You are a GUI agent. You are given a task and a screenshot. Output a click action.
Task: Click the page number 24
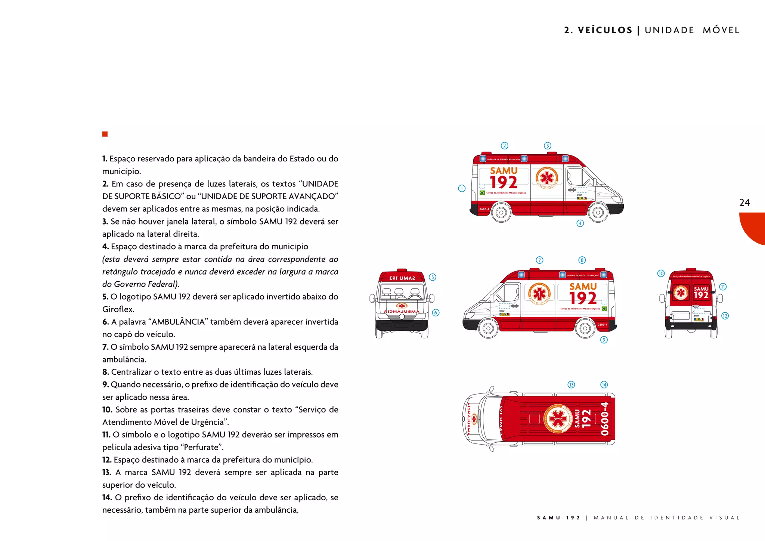744,203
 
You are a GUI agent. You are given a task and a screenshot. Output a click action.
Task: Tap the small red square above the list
105,134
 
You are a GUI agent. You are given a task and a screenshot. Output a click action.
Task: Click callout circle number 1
462,188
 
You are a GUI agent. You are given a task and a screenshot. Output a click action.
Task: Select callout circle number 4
580,223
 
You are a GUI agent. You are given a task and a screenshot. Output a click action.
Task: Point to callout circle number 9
604,340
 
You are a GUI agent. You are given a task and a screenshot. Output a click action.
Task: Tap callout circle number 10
661,273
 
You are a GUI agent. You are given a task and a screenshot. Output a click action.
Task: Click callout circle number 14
604,385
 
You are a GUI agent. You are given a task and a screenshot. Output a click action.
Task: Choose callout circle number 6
436,313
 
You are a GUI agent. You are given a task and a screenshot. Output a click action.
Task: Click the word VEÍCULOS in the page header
605,30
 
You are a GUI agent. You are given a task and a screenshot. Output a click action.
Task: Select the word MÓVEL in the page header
721,30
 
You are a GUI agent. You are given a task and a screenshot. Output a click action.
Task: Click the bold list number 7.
105,347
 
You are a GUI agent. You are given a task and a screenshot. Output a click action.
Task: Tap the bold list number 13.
106,473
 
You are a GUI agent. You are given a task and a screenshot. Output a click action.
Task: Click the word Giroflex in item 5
117,309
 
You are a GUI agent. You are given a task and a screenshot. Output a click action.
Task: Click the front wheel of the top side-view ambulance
598,213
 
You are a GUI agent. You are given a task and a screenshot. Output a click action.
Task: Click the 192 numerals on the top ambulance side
504,182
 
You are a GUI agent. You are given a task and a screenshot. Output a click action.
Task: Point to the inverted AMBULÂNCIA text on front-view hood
402,311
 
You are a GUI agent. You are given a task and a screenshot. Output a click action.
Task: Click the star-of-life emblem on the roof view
557,418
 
